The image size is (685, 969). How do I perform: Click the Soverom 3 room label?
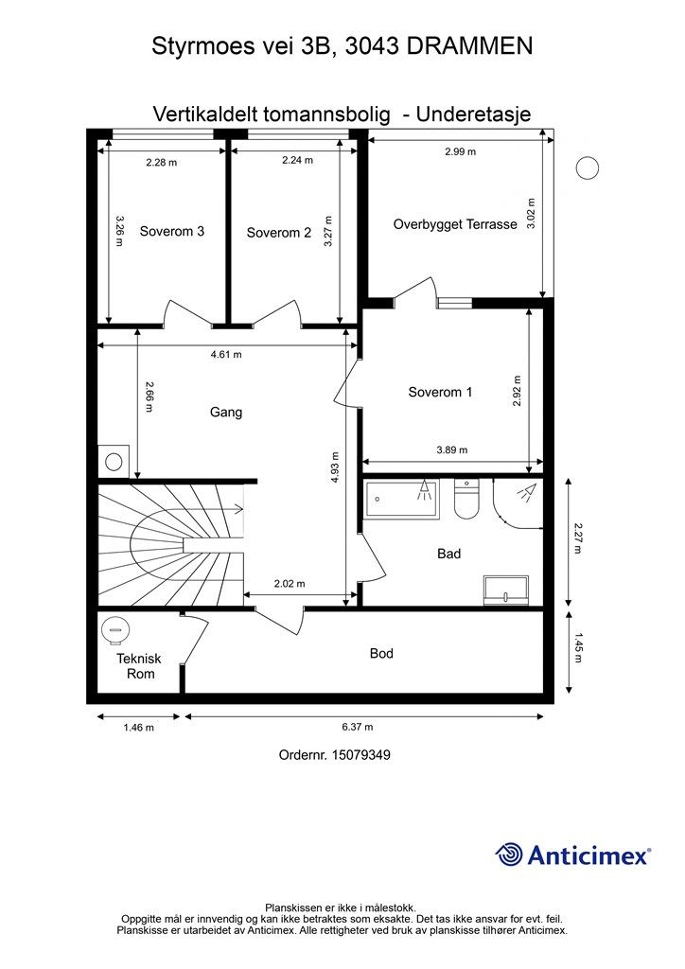click(171, 231)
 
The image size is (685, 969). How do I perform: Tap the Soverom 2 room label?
click(278, 233)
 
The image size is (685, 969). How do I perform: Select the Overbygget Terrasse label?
click(455, 224)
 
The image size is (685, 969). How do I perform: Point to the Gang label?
click(226, 413)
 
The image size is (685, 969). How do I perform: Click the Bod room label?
click(381, 653)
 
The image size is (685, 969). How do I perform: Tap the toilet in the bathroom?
click(467, 499)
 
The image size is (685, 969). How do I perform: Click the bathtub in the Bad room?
click(402, 500)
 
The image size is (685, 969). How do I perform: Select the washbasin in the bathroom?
click(506, 590)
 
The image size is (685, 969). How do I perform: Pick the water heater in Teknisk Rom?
click(114, 631)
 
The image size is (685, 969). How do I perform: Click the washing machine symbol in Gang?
click(114, 461)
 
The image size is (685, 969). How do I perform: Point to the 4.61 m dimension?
click(226, 355)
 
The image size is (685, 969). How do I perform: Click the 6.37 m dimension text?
click(358, 728)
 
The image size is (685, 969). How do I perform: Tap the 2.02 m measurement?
click(290, 583)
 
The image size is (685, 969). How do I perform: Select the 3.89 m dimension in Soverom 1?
click(452, 449)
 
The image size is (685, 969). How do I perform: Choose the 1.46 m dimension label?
click(138, 728)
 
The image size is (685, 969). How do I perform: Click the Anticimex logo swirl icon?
click(509, 854)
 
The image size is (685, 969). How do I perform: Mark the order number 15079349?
click(361, 754)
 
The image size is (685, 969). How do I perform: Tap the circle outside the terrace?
click(588, 168)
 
